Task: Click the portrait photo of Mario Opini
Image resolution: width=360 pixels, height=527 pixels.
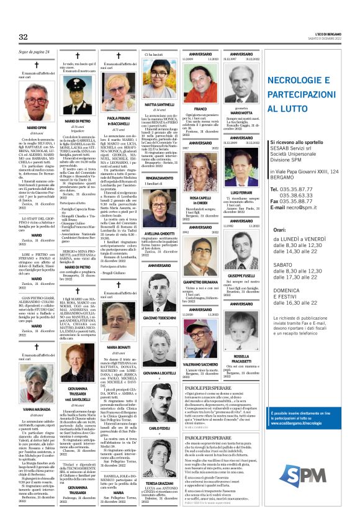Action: coord(37,99)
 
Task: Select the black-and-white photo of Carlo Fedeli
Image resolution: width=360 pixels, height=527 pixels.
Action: coord(160,407)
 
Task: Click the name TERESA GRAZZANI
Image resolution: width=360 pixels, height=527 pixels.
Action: coord(160,482)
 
